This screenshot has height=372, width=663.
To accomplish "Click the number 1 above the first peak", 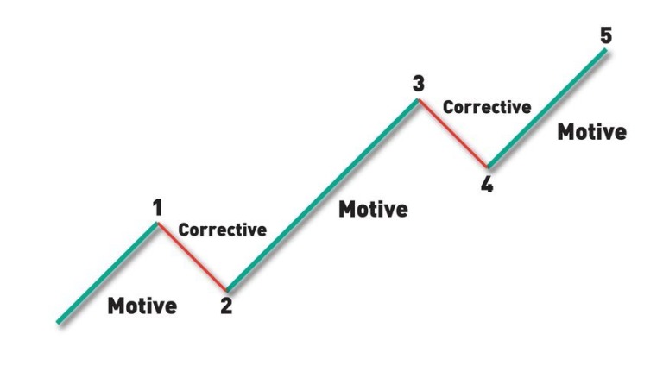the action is (x=157, y=208).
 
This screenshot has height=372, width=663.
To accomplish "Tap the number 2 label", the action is (x=226, y=306).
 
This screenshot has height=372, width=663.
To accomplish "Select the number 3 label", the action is (x=418, y=84).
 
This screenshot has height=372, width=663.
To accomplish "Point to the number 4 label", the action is (x=487, y=185).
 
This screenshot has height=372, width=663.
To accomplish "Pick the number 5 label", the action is (x=606, y=35).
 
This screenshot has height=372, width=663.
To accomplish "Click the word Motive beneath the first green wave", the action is (x=142, y=306).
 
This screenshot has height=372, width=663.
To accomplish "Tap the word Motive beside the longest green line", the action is (x=373, y=209).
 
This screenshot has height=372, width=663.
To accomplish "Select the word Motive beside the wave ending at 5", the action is (x=592, y=132).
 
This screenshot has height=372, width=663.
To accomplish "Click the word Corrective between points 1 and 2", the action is (x=223, y=230).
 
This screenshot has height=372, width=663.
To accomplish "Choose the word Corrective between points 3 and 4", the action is (x=487, y=107).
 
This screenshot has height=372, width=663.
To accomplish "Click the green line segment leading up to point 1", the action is (x=107, y=273).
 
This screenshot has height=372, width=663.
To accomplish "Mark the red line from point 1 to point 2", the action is (x=192, y=257).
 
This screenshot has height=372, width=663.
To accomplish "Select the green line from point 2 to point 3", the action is (x=322, y=195).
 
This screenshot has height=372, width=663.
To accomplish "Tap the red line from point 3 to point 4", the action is (x=452, y=133).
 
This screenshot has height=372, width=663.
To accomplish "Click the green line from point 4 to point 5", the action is (x=547, y=108).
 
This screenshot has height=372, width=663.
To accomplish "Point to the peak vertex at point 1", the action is (x=157, y=224).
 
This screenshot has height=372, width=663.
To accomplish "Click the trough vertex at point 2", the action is (x=227, y=291).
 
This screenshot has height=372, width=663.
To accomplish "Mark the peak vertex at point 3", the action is (x=418, y=100).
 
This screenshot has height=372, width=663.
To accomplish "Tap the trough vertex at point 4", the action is (x=488, y=167).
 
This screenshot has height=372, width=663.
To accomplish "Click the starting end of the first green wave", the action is (x=58, y=323).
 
